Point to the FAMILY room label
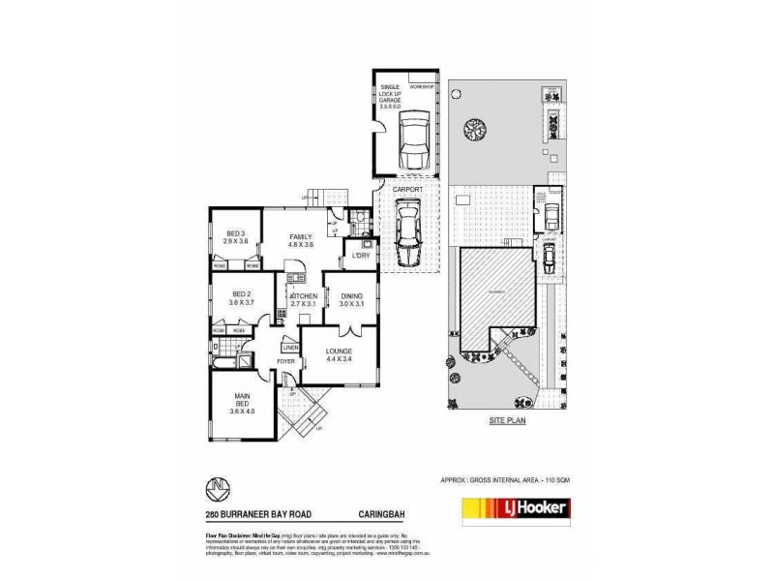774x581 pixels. click(x=298, y=239)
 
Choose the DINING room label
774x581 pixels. click(x=352, y=298)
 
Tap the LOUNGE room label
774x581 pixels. click(x=339, y=353)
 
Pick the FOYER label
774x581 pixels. click(x=286, y=361)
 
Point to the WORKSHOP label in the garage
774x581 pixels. click(x=423, y=87)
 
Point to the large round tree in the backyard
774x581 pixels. click(x=473, y=127)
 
